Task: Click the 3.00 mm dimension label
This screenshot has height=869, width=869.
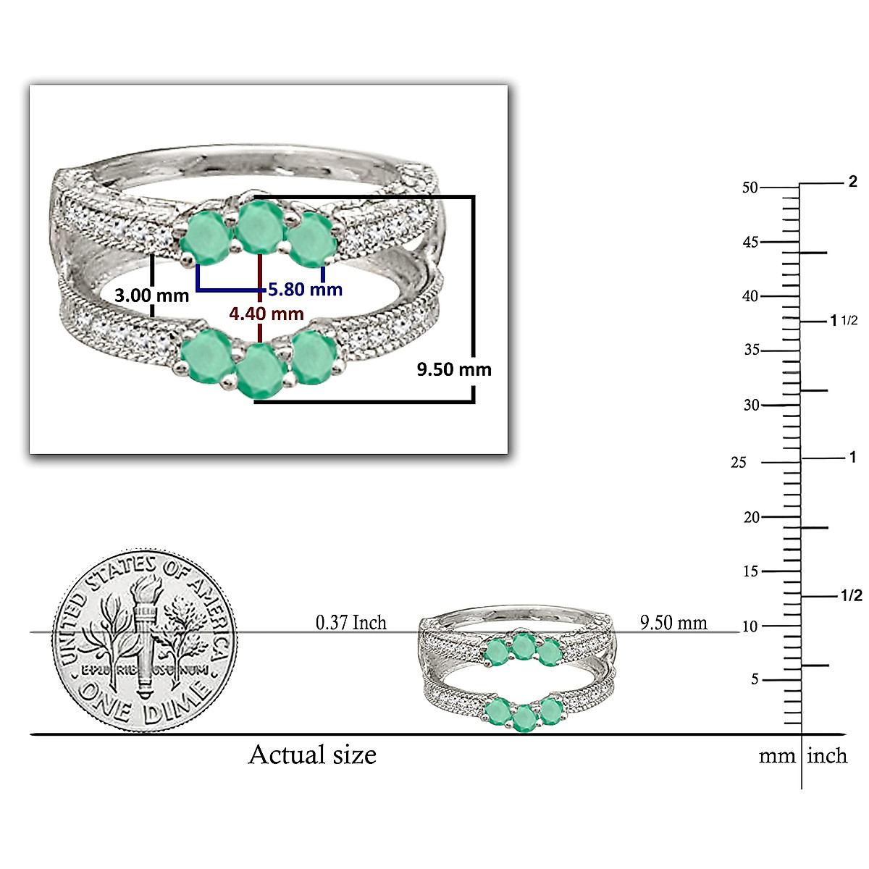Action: click(x=151, y=296)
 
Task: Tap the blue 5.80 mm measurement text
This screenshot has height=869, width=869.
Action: click(x=306, y=289)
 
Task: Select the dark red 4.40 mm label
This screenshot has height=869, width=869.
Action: click(x=266, y=314)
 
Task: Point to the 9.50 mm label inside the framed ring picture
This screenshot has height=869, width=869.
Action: click(x=453, y=369)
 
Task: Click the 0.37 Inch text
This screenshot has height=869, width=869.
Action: click(x=350, y=623)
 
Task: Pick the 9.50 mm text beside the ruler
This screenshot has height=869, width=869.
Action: click(x=673, y=623)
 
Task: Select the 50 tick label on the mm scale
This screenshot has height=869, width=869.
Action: click(x=750, y=188)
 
